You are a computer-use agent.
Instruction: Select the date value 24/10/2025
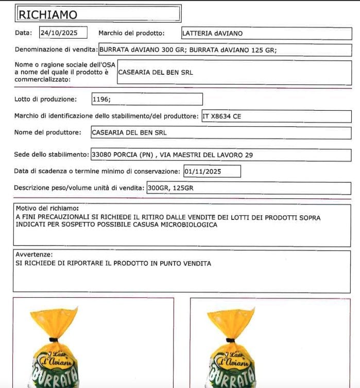tap(58, 33)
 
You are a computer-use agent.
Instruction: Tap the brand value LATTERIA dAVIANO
tap(212, 33)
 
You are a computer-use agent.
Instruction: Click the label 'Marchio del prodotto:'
tap(131, 33)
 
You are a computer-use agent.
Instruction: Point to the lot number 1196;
tap(101, 99)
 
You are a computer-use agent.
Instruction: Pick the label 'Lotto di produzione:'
tap(46, 99)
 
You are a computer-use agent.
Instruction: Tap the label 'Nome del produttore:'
tap(48, 132)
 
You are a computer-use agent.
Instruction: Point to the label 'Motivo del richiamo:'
tap(47, 208)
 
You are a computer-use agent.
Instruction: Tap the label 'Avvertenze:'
tap(34, 255)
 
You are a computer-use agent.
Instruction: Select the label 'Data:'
tap(23, 33)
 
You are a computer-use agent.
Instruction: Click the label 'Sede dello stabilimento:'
tap(52, 155)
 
